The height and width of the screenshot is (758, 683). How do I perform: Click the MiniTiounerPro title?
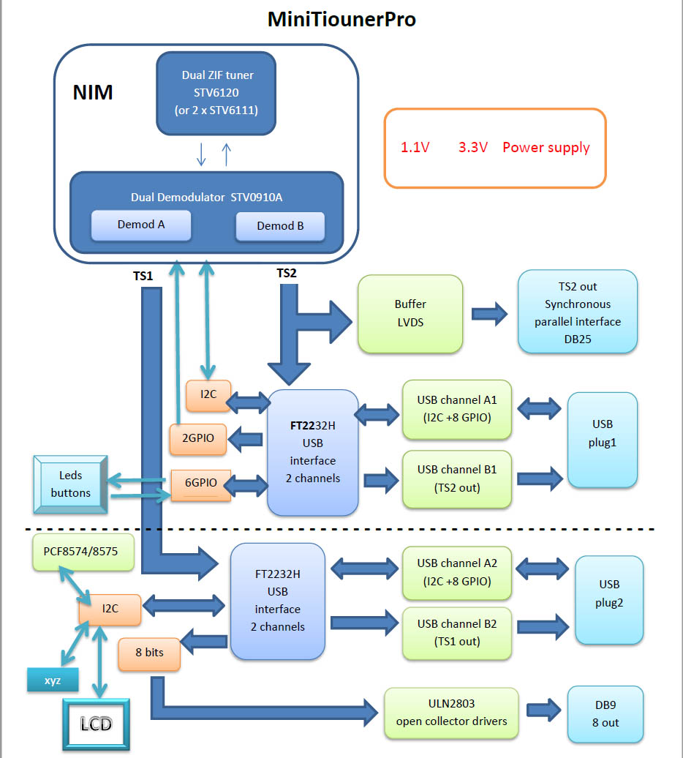341,19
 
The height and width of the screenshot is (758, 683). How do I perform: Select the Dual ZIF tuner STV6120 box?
218,93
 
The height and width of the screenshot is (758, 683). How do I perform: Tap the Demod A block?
140,225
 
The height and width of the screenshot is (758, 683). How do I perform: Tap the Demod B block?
280,226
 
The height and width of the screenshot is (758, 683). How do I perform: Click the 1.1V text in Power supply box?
415,147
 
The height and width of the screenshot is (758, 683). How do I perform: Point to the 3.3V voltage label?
473,147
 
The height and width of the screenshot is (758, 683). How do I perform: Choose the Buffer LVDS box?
410,313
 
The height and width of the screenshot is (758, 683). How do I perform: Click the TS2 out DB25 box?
577,312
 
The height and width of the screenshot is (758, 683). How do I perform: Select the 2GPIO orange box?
197,439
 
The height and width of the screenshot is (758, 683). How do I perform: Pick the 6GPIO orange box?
200,484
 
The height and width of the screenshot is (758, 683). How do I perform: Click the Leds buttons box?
71,484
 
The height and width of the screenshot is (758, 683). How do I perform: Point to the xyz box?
53,680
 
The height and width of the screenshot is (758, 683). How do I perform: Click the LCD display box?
96,724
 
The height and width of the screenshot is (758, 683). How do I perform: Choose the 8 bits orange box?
149,653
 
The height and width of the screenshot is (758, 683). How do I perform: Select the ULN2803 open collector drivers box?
450,713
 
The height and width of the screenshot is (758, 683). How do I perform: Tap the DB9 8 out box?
606,713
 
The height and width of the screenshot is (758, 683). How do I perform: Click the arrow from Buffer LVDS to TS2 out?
488,315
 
